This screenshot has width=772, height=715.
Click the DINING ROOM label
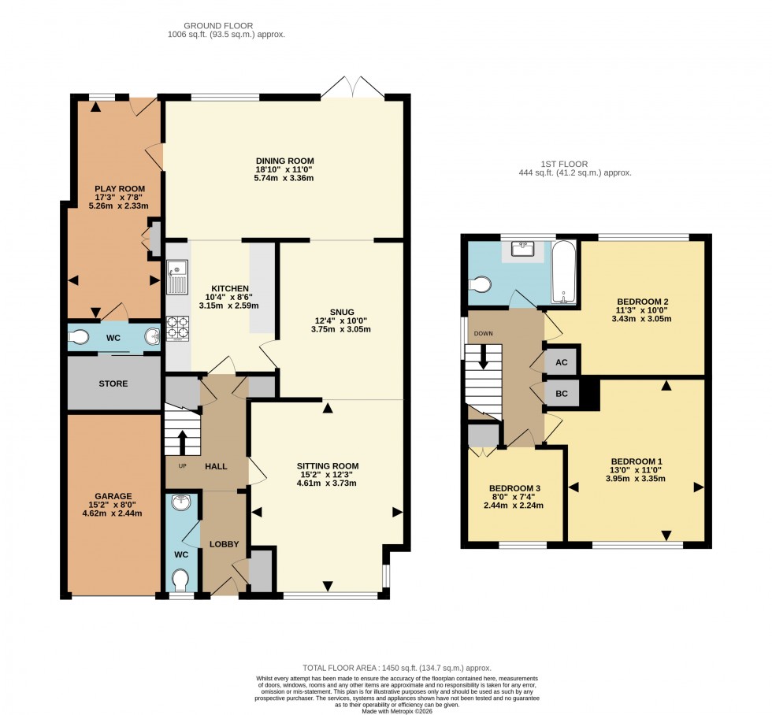pyautogui.click(x=284, y=160)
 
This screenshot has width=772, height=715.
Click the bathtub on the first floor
pyautogui.click(x=563, y=272)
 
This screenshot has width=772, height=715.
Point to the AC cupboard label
pyautogui.click(x=562, y=362)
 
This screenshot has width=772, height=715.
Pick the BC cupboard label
pyautogui.click(x=562, y=392)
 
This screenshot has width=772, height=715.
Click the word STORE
pyautogui.click(x=113, y=383)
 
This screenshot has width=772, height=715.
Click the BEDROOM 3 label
pyautogui.click(x=515, y=487)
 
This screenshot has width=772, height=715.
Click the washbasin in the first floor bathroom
pyautogui.click(x=524, y=249)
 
